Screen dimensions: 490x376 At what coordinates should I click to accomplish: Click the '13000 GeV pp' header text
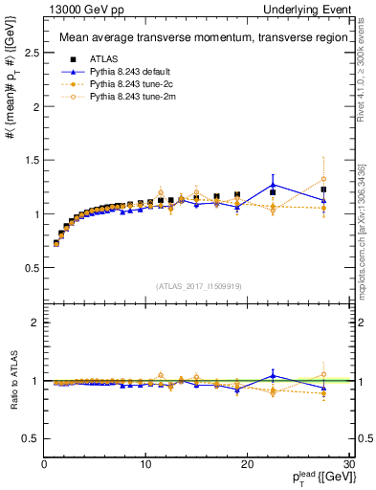click(x=77, y=9)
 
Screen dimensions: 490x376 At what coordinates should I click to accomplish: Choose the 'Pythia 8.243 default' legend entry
click(x=130, y=72)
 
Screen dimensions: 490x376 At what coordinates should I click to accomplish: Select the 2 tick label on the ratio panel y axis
click(x=34, y=323)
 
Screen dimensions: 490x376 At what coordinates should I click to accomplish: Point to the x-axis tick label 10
click(x=144, y=464)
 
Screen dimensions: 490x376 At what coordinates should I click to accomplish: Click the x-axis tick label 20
click(x=247, y=464)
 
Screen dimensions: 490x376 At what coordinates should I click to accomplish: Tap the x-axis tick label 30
click(x=348, y=464)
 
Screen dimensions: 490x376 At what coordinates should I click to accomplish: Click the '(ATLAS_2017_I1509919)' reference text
click(x=198, y=286)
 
